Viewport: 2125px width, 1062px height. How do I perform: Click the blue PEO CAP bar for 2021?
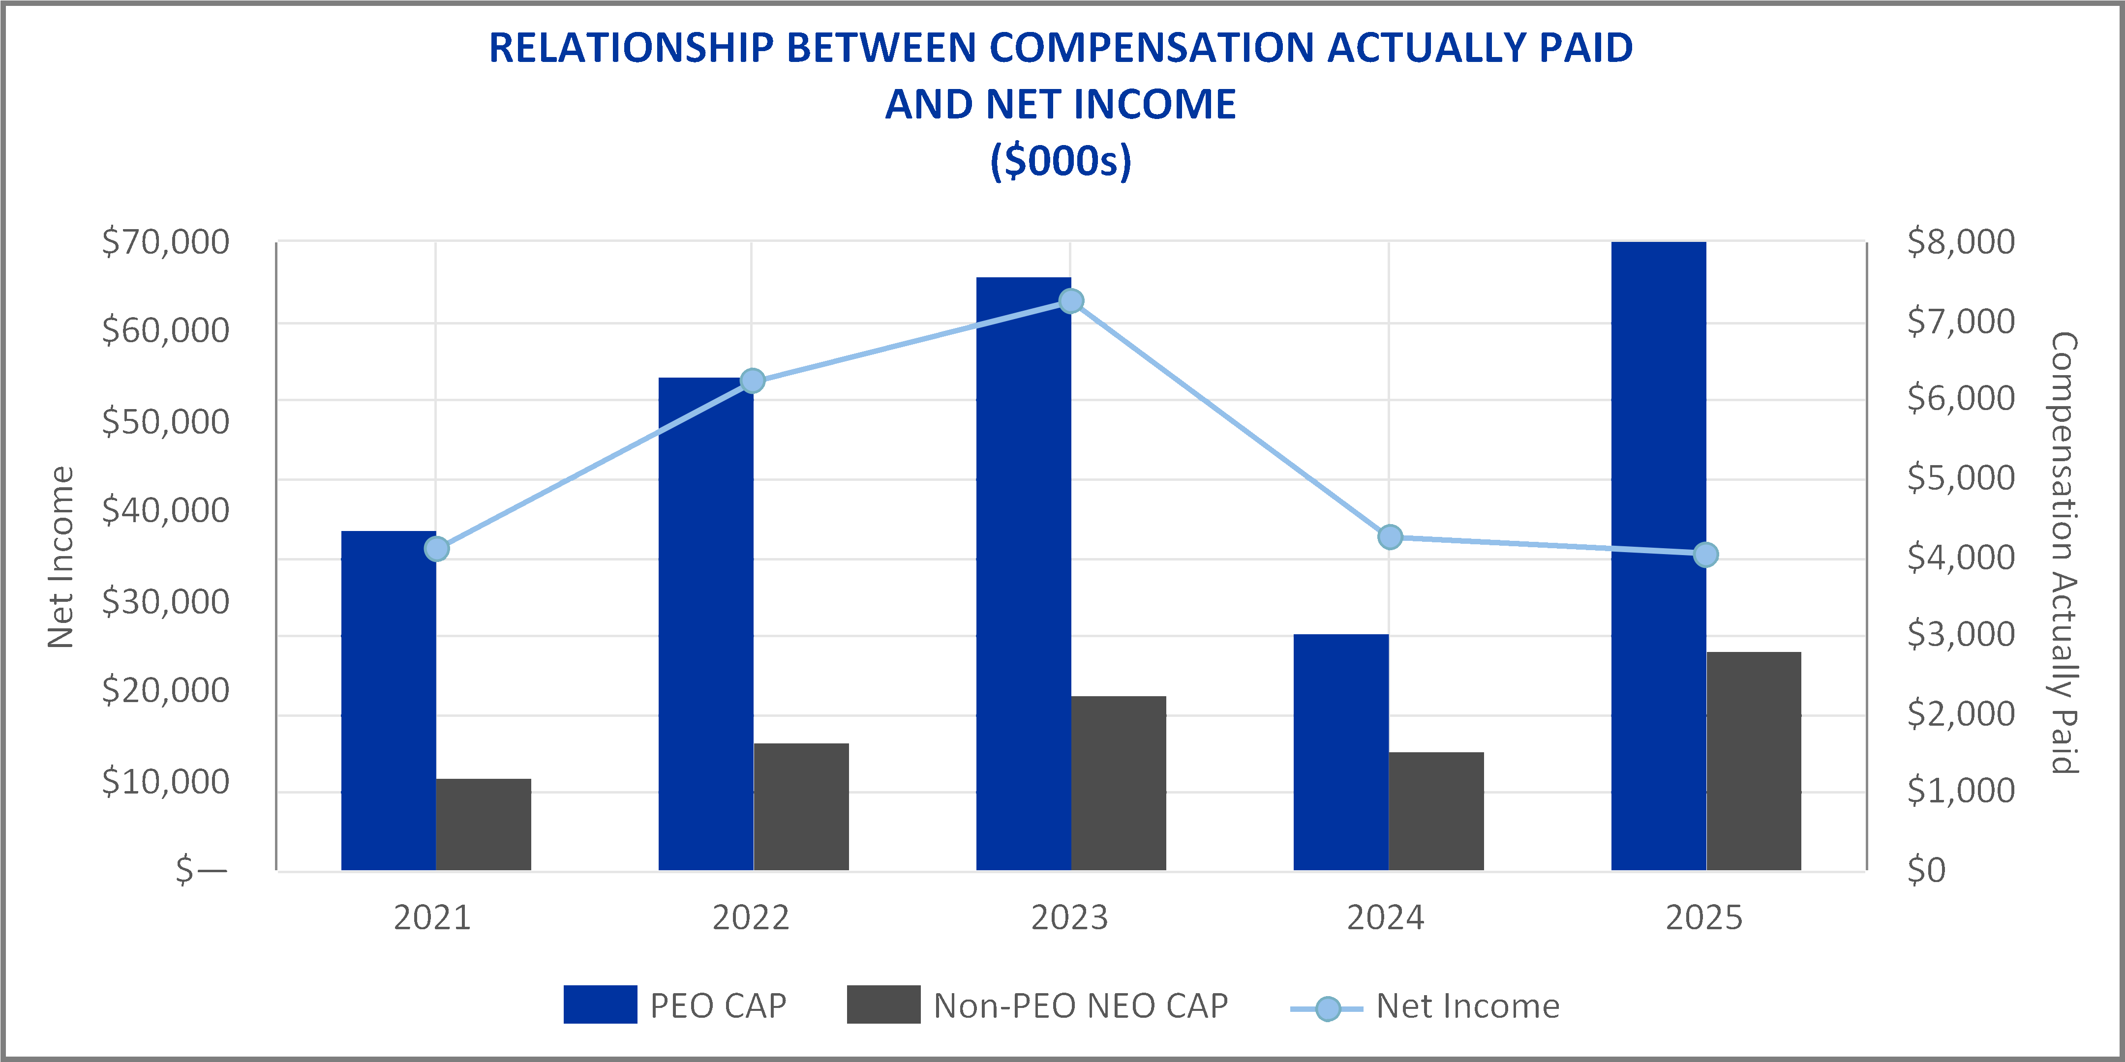pyautogui.click(x=389, y=700)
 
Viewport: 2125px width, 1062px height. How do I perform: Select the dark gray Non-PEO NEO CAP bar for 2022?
pyautogui.click(x=801, y=806)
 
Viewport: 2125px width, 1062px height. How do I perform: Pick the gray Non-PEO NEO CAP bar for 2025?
pyautogui.click(x=1754, y=761)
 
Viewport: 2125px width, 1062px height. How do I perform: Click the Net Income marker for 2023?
pyautogui.click(x=1071, y=301)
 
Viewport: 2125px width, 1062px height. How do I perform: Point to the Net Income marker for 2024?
pyautogui.click(x=1390, y=537)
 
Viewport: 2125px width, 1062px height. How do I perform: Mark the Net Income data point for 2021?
pyautogui.click(x=436, y=548)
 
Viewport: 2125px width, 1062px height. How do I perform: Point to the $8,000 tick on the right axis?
pyautogui.click(x=1961, y=241)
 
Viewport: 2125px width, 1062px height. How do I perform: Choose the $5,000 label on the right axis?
pyautogui.click(x=1961, y=477)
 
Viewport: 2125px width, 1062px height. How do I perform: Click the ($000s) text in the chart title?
pyautogui.click(x=1061, y=160)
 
